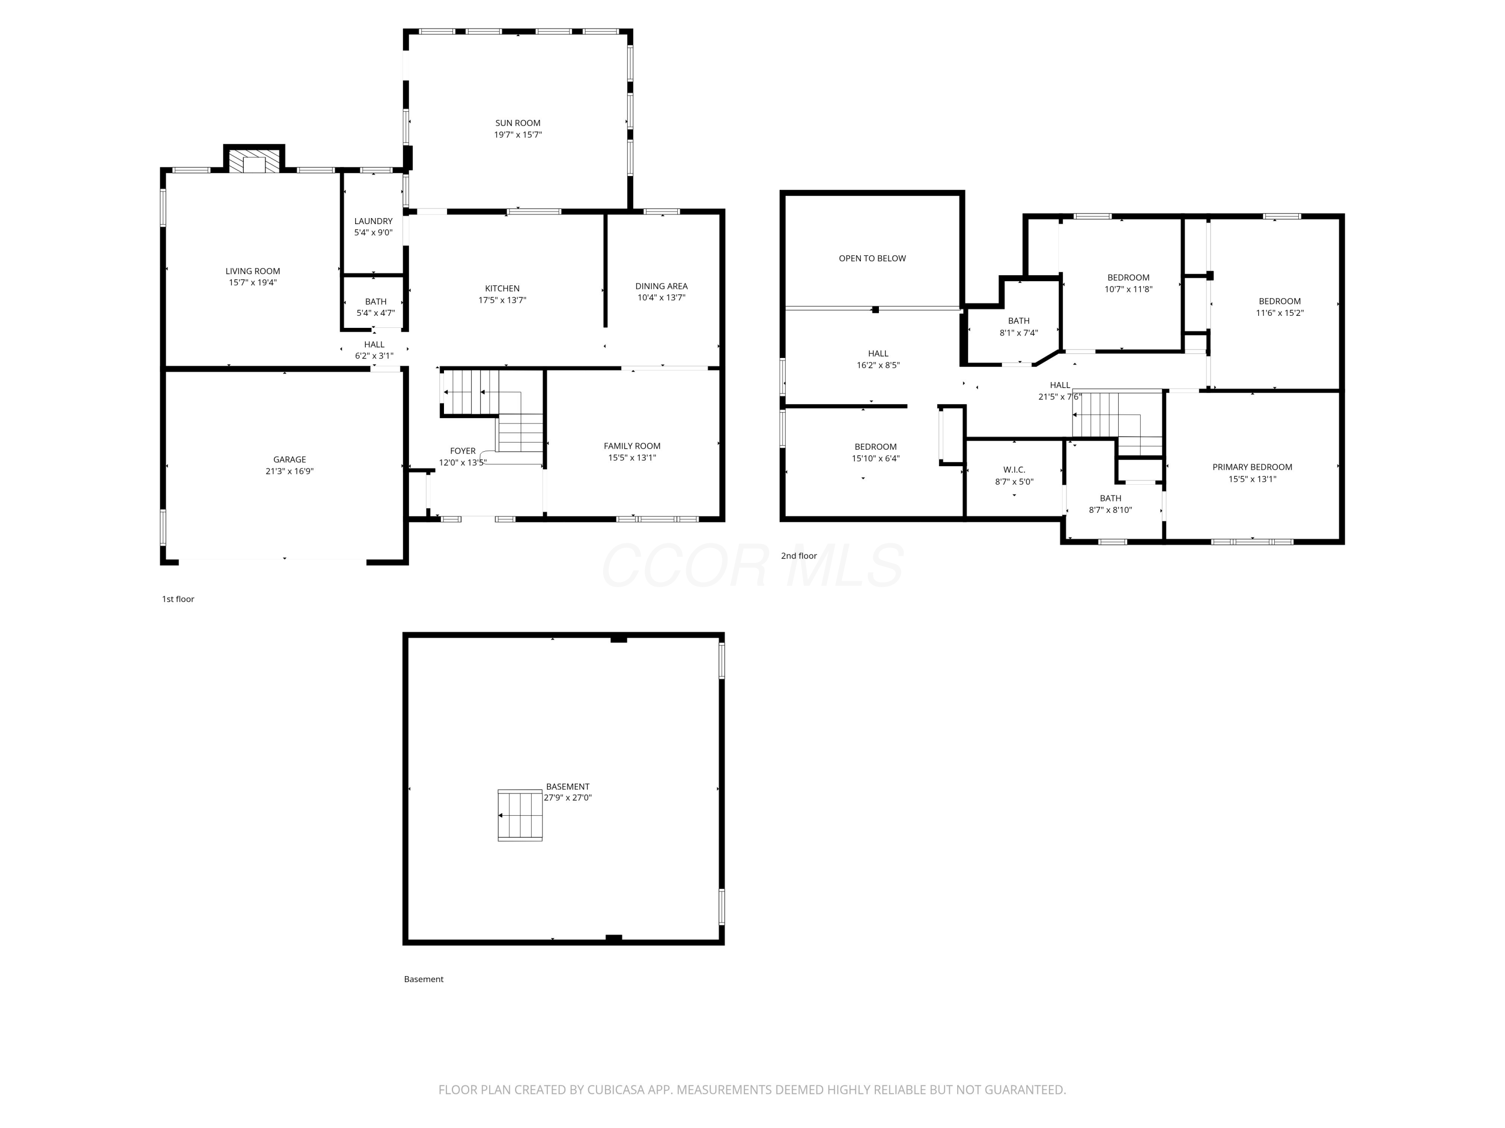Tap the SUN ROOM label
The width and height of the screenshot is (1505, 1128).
click(518, 123)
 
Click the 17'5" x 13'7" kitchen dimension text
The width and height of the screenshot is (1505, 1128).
click(502, 300)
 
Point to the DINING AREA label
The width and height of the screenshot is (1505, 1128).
click(661, 286)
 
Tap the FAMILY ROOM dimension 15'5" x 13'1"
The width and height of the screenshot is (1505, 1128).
click(632, 458)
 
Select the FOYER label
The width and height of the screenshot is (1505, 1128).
click(463, 451)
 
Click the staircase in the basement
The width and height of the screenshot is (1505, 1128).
click(520, 815)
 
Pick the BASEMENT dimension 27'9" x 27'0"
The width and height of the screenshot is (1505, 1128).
click(567, 798)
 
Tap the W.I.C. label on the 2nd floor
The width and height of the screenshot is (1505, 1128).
click(1014, 470)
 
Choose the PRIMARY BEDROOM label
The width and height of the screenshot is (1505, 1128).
click(1252, 467)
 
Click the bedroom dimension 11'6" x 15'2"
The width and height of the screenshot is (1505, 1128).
click(1279, 313)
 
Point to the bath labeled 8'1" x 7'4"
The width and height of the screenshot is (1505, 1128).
click(1018, 321)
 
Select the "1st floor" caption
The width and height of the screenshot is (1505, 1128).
click(178, 599)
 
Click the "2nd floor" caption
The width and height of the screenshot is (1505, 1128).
click(798, 555)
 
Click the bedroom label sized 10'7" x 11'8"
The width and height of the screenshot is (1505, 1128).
click(1128, 277)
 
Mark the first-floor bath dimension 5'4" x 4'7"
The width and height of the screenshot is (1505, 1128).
click(376, 313)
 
